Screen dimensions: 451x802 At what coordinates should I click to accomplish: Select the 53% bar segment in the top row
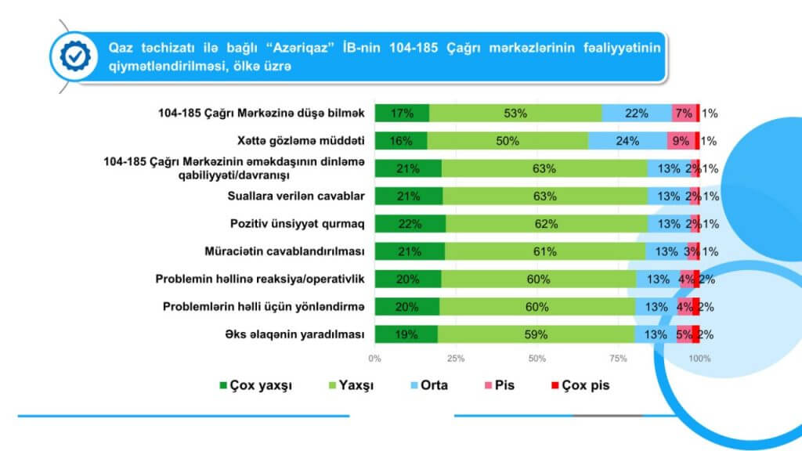coord(515,113)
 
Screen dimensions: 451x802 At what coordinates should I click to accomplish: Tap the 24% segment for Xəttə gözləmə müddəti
coord(627,141)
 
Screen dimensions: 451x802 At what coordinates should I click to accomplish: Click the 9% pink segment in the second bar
coord(679,141)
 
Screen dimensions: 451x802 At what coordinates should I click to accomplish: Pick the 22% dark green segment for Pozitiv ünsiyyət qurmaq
coord(410,224)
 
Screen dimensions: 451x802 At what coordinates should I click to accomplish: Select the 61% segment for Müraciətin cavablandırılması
coord(545,251)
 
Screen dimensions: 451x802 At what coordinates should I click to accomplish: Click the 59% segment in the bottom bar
coord(536,334)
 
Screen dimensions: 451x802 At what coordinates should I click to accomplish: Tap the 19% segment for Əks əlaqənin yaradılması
coord(406,334)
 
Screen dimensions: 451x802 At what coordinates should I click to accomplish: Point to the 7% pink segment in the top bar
coord(683,113)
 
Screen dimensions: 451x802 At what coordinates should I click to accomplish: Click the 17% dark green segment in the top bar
coord(402,113)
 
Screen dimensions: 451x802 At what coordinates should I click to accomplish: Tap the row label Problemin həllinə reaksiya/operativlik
coord(260,279)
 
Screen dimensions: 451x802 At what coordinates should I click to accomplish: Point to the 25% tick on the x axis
coord(456,359)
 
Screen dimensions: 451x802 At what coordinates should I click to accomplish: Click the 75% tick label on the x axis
coord(618,359)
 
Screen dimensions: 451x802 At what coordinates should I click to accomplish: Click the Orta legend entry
coord(428,386)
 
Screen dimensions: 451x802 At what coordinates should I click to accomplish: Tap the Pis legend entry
coord(498,386)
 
